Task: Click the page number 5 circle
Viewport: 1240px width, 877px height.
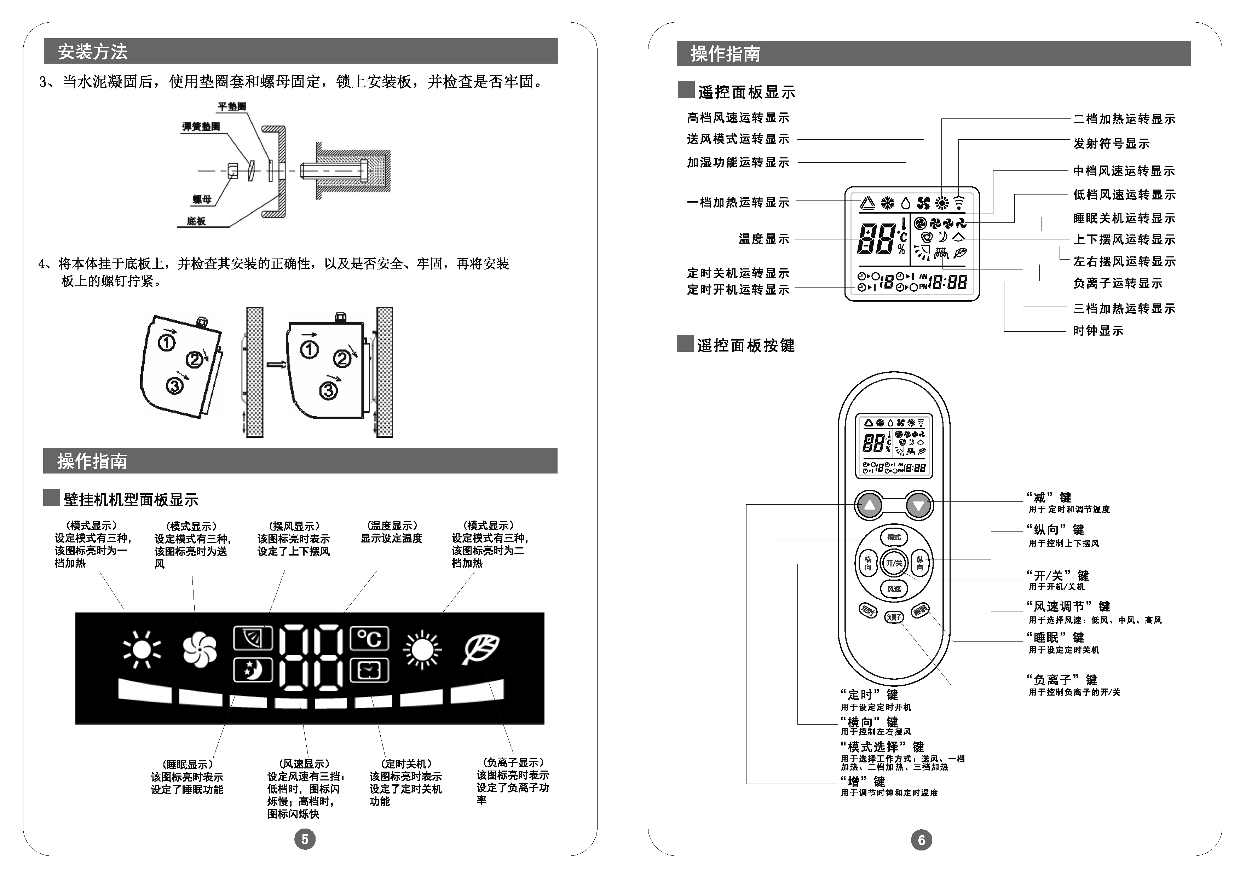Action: [305, 839]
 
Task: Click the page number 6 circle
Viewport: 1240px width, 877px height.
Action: [921, 840]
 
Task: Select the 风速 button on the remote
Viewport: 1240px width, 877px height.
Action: [894, 589]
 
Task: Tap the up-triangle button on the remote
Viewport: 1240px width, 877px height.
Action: [869, 505]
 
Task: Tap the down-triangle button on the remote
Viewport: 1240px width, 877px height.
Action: [918, 505]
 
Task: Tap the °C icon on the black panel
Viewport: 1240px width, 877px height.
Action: [369, 638]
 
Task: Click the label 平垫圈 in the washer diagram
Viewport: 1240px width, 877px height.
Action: [232, 106]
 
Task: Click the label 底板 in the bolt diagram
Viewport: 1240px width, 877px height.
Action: [196, 221]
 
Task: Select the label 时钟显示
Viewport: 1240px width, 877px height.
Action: [1098, 331]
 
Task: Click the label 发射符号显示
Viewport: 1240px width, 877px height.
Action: [1111, 144]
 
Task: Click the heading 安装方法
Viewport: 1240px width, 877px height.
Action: [93, 52]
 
